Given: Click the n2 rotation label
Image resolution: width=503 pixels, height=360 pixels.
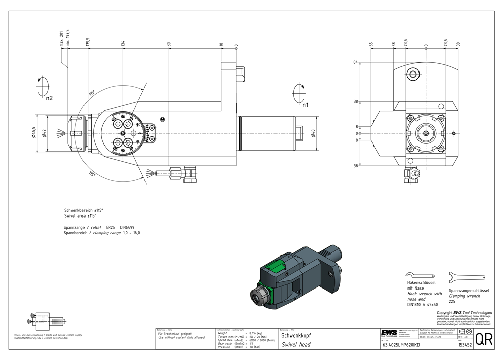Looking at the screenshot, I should click(49, 98).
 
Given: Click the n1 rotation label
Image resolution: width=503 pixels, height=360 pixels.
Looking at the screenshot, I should click(305, 105).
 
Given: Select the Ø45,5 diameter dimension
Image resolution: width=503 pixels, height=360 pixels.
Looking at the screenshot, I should click(34, 133).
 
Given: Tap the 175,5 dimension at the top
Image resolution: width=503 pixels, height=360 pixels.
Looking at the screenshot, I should click(88, 41).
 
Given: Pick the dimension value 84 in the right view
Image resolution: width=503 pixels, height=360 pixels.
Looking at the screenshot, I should click(355, 62).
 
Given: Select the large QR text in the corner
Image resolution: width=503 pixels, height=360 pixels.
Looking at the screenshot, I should click(484, 340).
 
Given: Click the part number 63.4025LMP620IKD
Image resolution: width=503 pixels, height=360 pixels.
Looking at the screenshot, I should click(401, 345).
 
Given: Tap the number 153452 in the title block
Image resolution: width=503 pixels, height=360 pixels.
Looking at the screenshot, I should click(465, 345).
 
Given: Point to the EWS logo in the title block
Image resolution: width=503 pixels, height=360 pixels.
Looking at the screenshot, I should click(388, 333).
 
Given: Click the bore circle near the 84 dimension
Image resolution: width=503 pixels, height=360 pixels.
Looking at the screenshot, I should click(413, 75).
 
